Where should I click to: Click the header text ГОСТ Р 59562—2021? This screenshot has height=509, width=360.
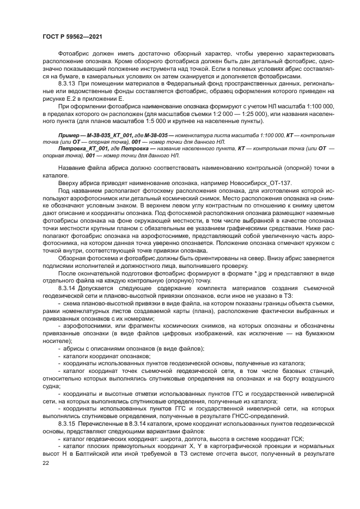(x=72, y=36)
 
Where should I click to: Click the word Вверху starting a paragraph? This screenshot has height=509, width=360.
(x=69, y=182)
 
